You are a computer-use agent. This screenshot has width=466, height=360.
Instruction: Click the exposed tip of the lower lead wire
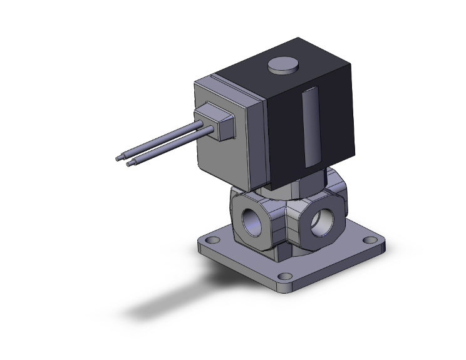pyautogui.click(x=130, y=165)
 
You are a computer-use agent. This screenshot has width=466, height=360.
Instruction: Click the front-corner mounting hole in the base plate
pyautogui.click(x=286, y=276)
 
